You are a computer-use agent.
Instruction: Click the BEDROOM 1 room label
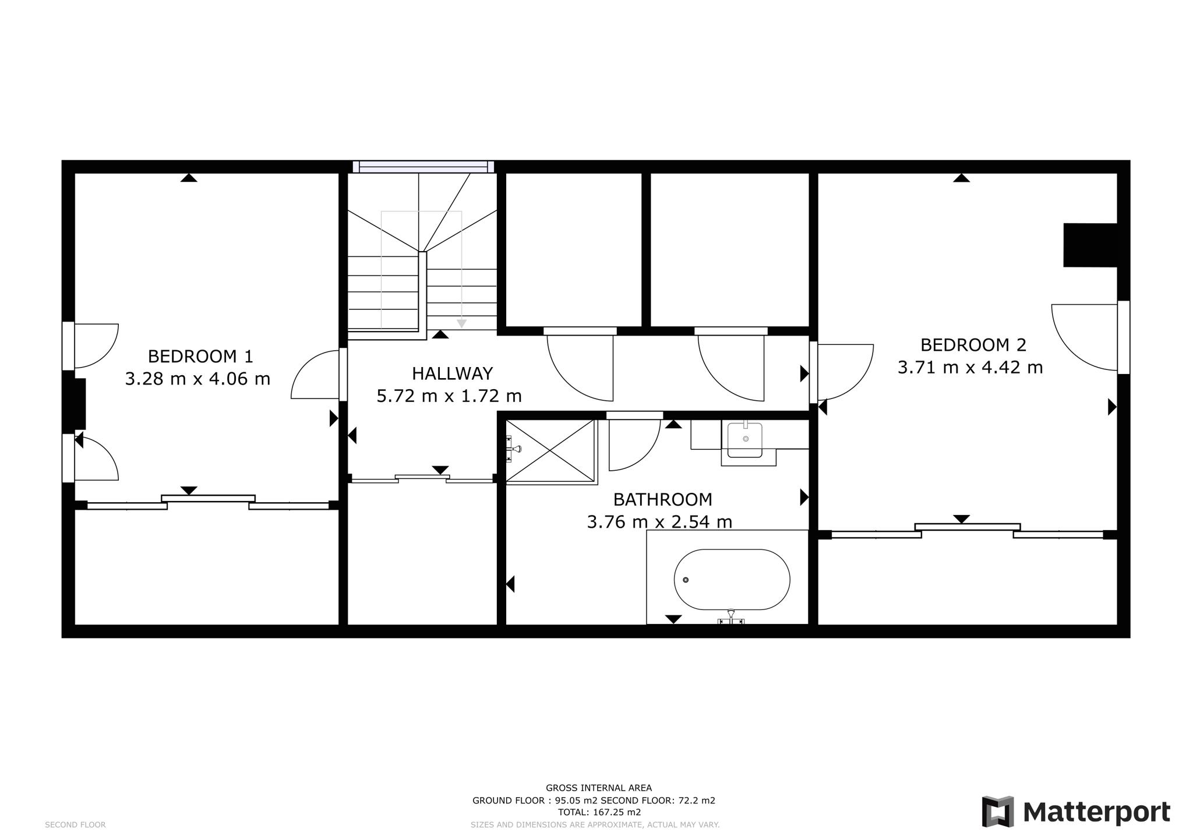coord(200,356)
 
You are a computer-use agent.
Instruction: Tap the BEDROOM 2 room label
coord(973,345)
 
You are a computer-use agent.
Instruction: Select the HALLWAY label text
coord(452,373)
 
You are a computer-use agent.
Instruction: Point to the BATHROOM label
coord(662,499)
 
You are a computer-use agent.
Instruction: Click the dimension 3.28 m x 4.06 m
coord(197,379)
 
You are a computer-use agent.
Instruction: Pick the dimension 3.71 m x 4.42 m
coord(970,368)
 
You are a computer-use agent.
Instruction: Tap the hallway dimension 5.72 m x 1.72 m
coord(449,396)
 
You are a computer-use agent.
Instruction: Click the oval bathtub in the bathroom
coord(732,580)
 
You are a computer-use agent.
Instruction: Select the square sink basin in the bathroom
coord(744,440)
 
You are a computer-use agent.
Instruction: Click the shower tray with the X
coord(551,451)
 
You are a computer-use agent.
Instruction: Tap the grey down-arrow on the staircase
coord(461,323)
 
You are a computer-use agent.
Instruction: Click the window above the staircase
coord(423,167)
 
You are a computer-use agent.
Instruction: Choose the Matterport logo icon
coord(998,812)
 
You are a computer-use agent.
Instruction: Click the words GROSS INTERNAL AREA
coord(599,788)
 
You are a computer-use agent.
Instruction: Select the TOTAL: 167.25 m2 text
coord(599,812)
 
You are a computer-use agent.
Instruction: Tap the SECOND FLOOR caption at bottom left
coord(75,825)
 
